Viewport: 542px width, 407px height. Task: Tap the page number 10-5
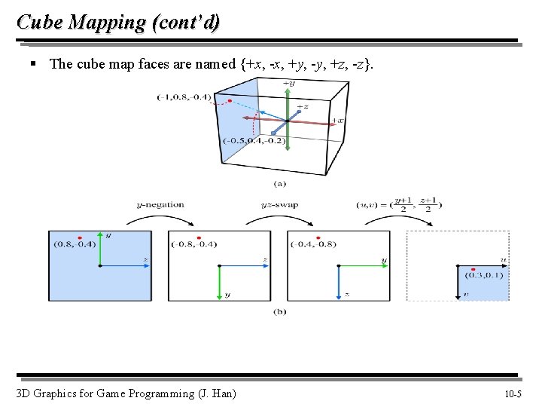517,393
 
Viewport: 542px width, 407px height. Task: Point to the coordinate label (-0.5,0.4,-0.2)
254,141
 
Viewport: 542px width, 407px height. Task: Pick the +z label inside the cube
302,106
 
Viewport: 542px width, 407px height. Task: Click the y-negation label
160,204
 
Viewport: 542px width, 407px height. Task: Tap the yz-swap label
279,204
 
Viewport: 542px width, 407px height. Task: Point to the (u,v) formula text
400,204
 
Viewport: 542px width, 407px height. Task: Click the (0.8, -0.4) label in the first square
74,243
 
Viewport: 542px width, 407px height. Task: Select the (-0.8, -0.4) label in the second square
193,243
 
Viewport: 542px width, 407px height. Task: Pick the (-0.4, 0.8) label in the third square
313,243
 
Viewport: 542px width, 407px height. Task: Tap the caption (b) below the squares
280,311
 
